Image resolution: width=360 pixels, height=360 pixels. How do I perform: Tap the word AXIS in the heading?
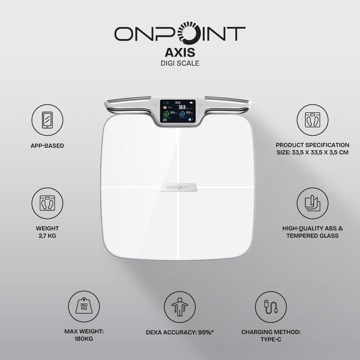click(179, 53)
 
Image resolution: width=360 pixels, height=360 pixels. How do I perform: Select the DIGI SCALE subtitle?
click(179, 64)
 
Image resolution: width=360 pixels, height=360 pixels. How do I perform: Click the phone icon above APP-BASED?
click(47, 120)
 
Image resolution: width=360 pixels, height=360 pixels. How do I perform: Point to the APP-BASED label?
click(47, 146)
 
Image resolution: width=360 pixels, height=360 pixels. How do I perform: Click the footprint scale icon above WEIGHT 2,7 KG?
click(47, 203)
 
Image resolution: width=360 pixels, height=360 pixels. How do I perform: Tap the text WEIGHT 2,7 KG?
click(47, 232)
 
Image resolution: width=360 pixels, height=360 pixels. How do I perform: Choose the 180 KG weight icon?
click(83, 307)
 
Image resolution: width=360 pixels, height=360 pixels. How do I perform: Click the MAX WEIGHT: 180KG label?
click(83, 336)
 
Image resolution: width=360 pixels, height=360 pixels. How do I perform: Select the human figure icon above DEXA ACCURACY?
click(179, 307)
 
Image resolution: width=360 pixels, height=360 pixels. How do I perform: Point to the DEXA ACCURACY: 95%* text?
click(179, 332)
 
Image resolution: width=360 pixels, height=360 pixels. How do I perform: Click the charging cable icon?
click(271, 307)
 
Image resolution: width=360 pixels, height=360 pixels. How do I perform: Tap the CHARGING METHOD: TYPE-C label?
click(271, 336)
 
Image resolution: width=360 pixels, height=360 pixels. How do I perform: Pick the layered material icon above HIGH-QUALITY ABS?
click(312, 203)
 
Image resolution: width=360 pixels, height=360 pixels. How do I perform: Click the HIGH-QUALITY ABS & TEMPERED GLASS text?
click(312, 232)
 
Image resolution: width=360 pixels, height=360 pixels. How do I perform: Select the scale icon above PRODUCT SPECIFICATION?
click(312, 120)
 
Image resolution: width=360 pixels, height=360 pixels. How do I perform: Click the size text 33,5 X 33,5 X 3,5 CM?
click(312, 153)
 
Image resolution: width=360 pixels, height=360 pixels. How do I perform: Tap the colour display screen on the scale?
click(178, 111)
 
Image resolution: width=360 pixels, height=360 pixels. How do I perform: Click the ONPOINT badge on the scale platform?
click(178, 187)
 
